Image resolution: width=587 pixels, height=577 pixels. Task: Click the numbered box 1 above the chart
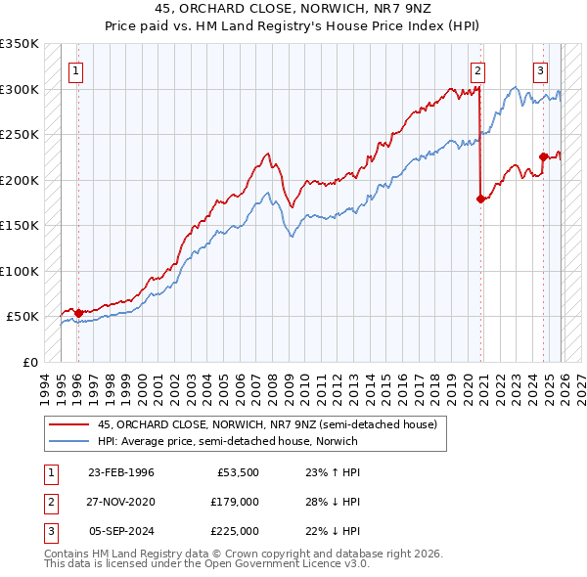click(x=76, y=69)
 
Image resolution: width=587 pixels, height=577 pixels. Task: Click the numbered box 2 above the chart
click(x=477, y=69)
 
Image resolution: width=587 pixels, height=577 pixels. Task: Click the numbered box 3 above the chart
click(x=540, y=69)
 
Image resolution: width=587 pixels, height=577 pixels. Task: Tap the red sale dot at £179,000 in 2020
click(x=480, y=199)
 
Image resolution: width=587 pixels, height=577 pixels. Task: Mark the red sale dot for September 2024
click(x=543, y=155)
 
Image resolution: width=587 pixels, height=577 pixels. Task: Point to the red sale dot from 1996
click(x=78, y=313)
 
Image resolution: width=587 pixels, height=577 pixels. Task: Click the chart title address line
click(x=293, y=9)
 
